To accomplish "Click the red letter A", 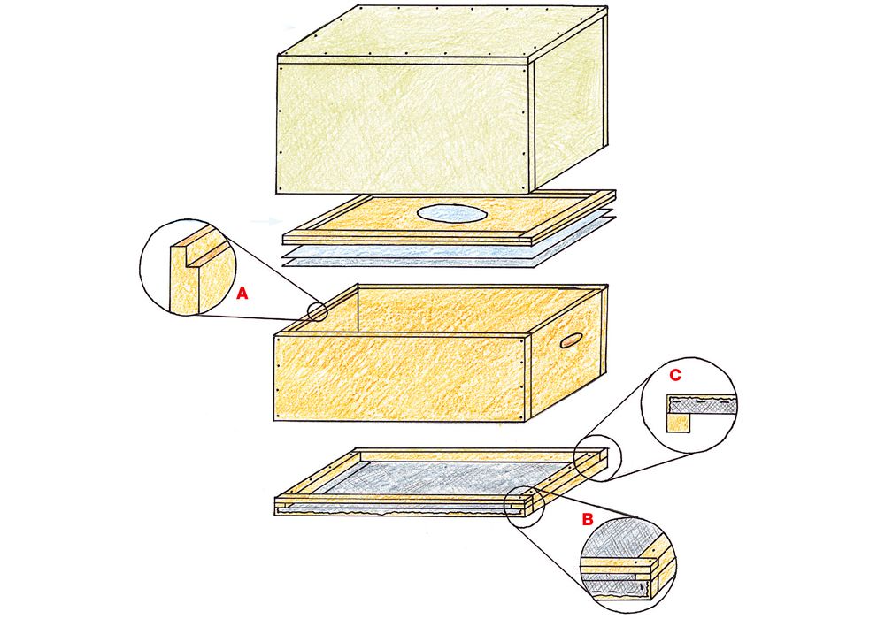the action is pyautogui.click(x=242, y=294).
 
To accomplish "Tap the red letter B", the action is pyautogui.click(x=588, y=519).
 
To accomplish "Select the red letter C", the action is pyautogui.click(x=674, y=375).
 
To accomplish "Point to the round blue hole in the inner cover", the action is pyautogui.click(x=451, y=213).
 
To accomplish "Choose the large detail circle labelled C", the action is pyautogui.click(x=689, y=404).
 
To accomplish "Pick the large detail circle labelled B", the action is pyautogui.click(x=627, y=564).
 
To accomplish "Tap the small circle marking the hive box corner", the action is pyautogui.click(x=318, y=310).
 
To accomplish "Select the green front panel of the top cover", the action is pyautogui.click(x=404, y=127).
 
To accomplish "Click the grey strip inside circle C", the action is pyautogui.click(x=703, y=404).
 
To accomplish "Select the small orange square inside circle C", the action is pyautogui.click(x=678, y=422).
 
